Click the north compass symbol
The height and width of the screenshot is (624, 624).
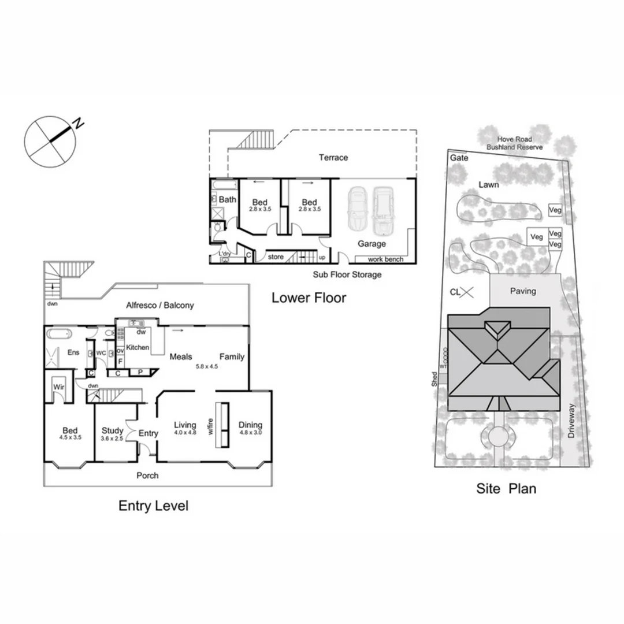pos(50,142)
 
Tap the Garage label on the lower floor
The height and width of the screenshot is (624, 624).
pos(371,244)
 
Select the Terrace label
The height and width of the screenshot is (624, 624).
pos(333,157)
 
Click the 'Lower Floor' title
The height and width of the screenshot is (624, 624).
pos(309,298)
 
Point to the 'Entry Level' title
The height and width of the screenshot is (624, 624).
pos(153,506)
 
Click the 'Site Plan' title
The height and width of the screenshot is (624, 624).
pos(506,489)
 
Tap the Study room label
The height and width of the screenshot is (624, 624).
pos(112,430)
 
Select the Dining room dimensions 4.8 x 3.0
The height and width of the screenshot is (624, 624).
pos(250,432)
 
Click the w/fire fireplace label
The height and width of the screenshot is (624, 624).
pos(211,425)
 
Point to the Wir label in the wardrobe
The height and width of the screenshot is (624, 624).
pos(58,387)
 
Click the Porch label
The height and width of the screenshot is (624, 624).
pos(147,476)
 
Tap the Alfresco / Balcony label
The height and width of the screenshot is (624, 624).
pos(160,305)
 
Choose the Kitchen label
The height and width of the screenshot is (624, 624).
pos(138,347)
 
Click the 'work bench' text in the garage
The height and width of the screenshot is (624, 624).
pos(385,259)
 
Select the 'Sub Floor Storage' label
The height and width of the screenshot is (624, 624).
pos(347,274)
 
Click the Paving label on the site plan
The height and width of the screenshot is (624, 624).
pos(523,291)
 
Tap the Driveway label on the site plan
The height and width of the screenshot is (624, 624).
pos(571,420)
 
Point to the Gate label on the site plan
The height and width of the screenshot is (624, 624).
pos(459,158)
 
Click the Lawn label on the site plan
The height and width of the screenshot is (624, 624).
pos(488,185)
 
